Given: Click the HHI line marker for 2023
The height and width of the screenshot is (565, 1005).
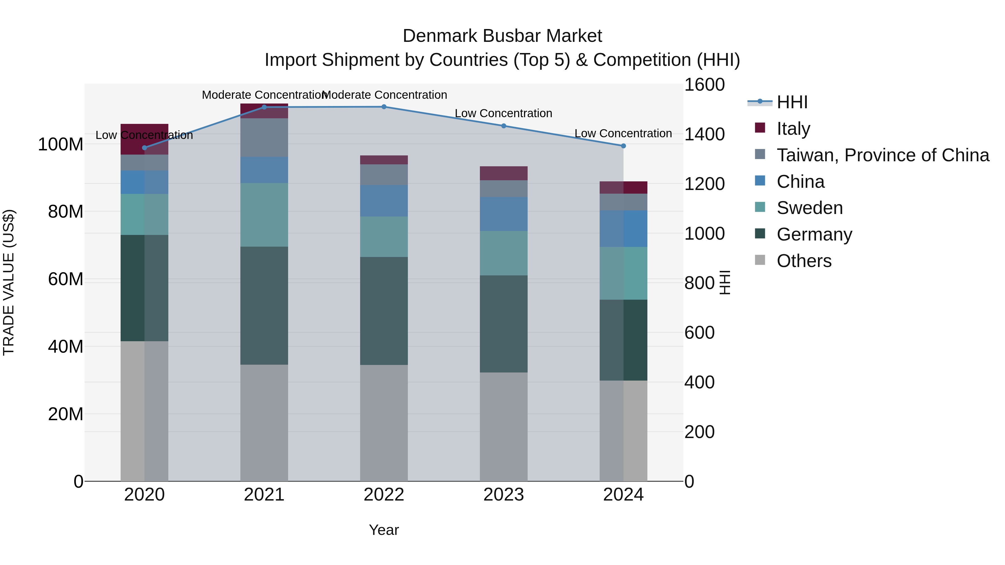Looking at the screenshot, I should [x=503, y=126].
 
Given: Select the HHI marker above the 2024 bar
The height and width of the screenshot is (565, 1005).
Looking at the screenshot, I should [x=623, y=146].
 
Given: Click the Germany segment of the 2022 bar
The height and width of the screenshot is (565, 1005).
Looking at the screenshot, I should [x=384, y=311].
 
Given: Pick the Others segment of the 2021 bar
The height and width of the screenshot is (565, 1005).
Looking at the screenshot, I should [x=264, y=423].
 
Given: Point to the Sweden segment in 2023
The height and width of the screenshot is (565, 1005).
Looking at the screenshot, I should [x=503, y=253].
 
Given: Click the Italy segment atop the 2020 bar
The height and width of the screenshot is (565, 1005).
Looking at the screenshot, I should [x=144, y=139].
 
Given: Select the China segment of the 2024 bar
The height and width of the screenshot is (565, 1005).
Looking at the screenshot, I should [x=623, y=229].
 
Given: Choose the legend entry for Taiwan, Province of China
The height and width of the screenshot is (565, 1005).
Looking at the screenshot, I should [x=882, y=155].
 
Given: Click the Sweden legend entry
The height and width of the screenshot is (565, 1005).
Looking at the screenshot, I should [x=810, y=208].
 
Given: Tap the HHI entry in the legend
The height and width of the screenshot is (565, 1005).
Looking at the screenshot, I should [x=792, y=102].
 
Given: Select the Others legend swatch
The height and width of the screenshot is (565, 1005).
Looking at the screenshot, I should [x=760, y=260].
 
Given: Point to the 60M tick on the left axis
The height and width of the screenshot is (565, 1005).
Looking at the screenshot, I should [x=66, y=279].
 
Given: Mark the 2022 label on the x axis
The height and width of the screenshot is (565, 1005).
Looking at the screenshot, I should [x=384, y=495].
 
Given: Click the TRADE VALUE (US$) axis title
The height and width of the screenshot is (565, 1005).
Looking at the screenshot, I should [x=9, y=282].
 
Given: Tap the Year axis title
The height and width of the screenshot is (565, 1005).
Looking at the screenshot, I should [x=384, y=530].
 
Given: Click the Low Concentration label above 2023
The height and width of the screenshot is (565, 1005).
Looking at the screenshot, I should [x=503, y=114].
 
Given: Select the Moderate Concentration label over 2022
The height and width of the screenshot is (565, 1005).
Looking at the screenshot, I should [x=384, y=95].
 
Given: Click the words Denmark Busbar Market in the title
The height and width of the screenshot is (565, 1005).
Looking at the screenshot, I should [x=502, y=36].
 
